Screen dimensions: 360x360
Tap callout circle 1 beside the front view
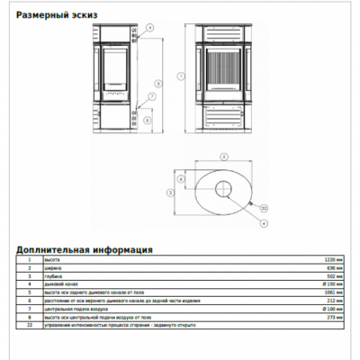[180, 76]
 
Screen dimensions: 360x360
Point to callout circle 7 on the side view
[151, 96]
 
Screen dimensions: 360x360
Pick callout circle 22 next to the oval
[264, 210]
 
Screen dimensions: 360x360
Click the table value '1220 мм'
[333, 260]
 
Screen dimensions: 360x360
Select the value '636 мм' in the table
[335, 268]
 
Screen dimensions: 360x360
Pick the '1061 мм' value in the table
[333, 292]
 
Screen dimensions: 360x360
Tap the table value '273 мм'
[335, 317]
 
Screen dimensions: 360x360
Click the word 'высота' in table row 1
[48, 260]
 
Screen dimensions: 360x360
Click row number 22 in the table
[30, 325]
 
